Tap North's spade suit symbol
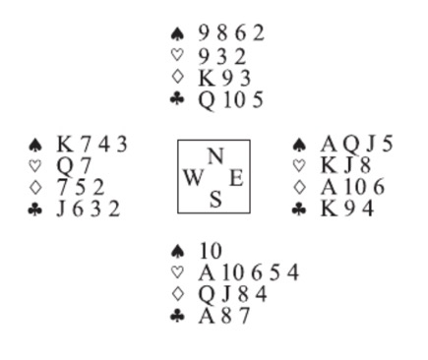point(177,33)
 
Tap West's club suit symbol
point(35,210)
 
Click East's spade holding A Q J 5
point(356,145)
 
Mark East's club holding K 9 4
point(346,210)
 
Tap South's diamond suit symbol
point(177,295)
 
